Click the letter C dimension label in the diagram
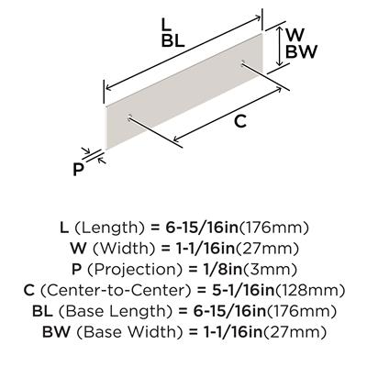[240, 121]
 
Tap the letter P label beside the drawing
[78, 170]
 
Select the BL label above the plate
[173, 40]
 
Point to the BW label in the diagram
[301, 51]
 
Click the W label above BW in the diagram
[295, 35]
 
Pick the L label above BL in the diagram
[166, 24]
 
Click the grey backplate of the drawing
[184, 91]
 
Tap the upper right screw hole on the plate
[243, 63]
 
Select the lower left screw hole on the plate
[129, 117]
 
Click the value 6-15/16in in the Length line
[202, 228]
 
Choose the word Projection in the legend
[136, 270]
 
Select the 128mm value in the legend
[310, 291]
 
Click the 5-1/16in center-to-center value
[239, 291]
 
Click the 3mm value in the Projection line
[270, 270]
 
